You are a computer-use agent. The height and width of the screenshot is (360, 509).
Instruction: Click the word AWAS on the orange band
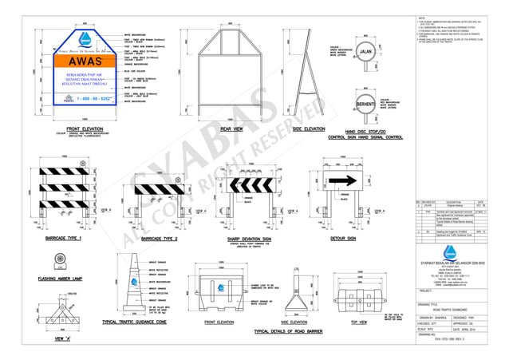coord(84,61)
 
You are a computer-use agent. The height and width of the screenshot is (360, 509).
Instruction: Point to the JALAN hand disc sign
coord(365,53)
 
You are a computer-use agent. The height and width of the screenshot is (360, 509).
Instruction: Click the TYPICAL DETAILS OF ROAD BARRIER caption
coord(294,330)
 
